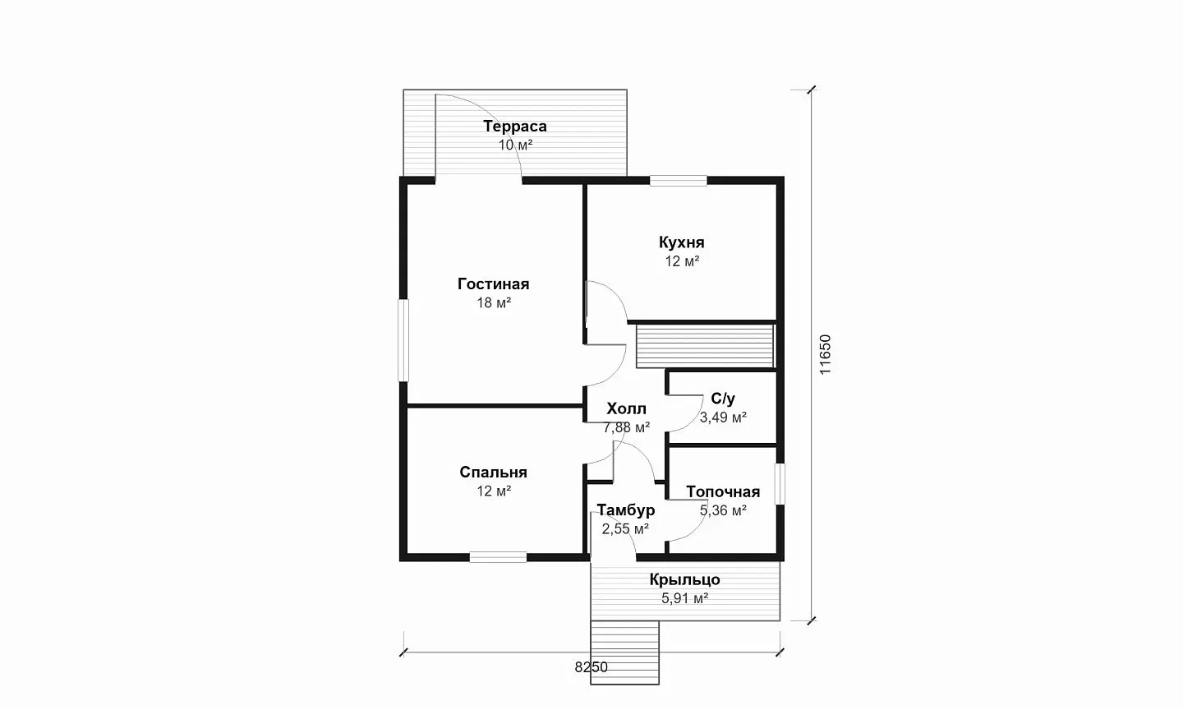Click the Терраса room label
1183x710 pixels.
[515, 127]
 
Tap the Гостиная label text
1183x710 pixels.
[493, 284]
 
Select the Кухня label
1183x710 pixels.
[681, 242]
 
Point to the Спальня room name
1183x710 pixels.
[493, 472]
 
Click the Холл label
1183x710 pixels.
[626, 408]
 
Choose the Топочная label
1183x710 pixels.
[723, 491]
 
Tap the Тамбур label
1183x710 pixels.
[626, 509]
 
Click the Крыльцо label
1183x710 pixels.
[684, 579]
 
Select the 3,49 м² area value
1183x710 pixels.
[723, 417]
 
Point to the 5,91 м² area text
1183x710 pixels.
[684, 598]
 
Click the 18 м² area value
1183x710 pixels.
[494, 302]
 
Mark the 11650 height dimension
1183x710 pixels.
[825, 354]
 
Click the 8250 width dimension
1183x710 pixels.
[591, 668]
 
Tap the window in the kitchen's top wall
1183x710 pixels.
[678, 181]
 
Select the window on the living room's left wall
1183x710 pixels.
[403, 340]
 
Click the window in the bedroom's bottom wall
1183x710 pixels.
[498, 557]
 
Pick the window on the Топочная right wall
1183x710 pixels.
[780, 484]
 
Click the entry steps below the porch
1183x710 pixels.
[624, 652]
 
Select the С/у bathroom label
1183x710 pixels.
[723, 399]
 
